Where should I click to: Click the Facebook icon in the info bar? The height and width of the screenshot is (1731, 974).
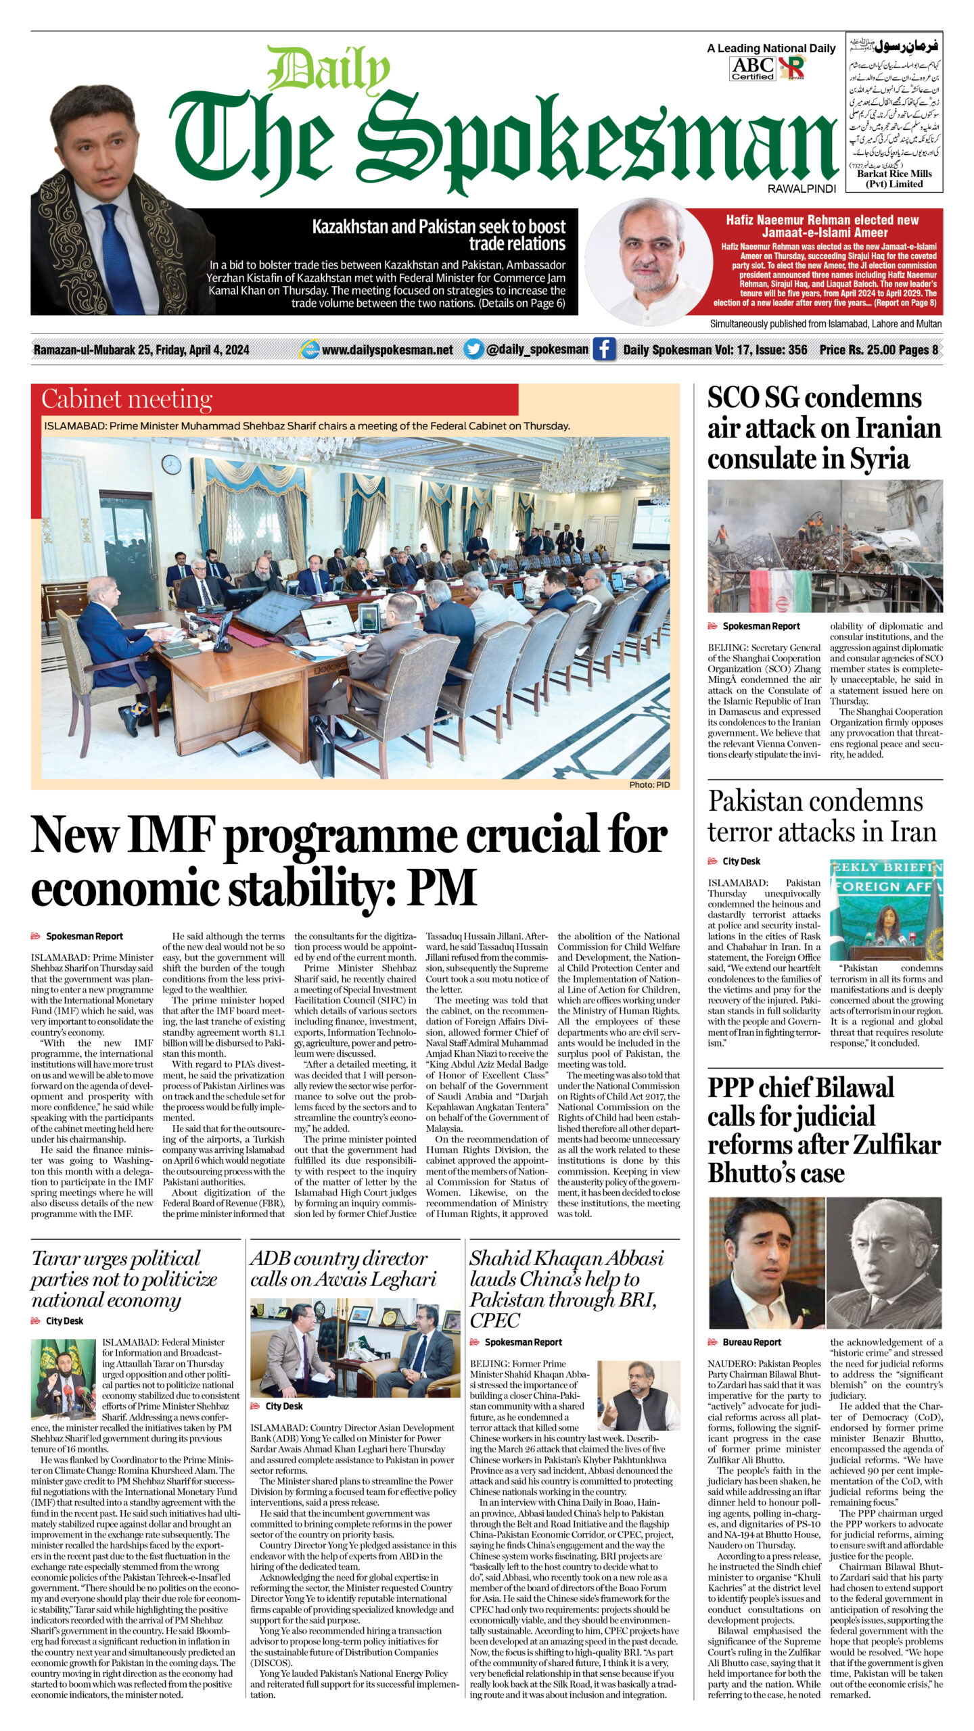[x=604, y=350]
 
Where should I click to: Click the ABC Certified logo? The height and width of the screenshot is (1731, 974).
[x=753, y=68]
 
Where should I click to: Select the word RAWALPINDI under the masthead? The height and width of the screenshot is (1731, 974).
[x=802, y=189]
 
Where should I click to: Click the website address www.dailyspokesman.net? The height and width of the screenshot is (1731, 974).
[x=387, y=350]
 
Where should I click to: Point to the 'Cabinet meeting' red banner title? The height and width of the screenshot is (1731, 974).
[x=126, y=400]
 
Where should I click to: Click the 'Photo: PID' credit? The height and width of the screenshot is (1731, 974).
[x=649, y=784]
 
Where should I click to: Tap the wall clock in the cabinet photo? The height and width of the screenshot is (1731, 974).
[x=172, y=464]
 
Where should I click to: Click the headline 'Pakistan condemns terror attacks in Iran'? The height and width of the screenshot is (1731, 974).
[x=822, y=816]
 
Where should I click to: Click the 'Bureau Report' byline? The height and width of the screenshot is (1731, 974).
[x=751, y=1342]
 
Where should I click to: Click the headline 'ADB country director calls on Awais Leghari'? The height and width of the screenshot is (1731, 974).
[x=343, y=1268]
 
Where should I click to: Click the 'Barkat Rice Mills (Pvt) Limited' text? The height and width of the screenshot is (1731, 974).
[x=894, y=179]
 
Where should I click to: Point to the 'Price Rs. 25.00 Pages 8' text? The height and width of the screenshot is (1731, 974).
[x=879, y=350]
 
